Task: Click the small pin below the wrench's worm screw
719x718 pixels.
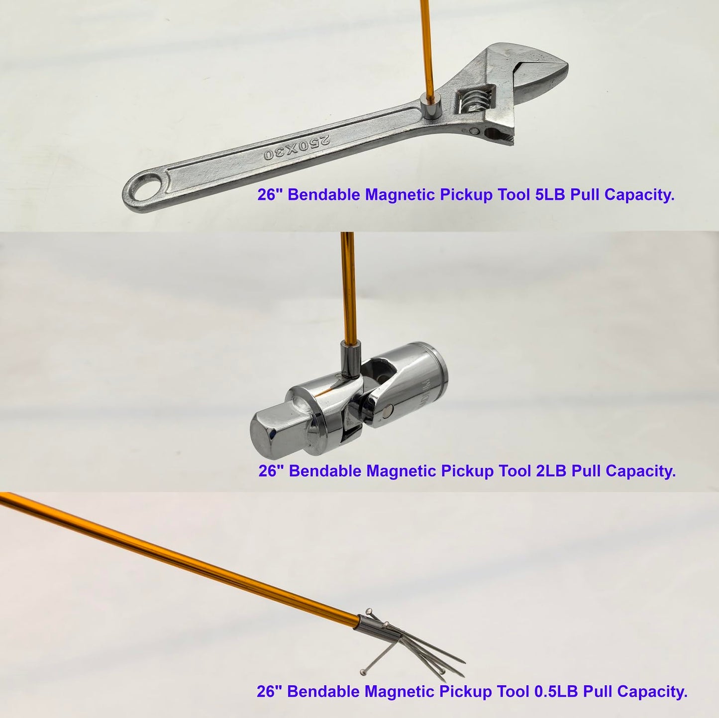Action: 474,131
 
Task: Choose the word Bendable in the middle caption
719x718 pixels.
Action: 326,471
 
